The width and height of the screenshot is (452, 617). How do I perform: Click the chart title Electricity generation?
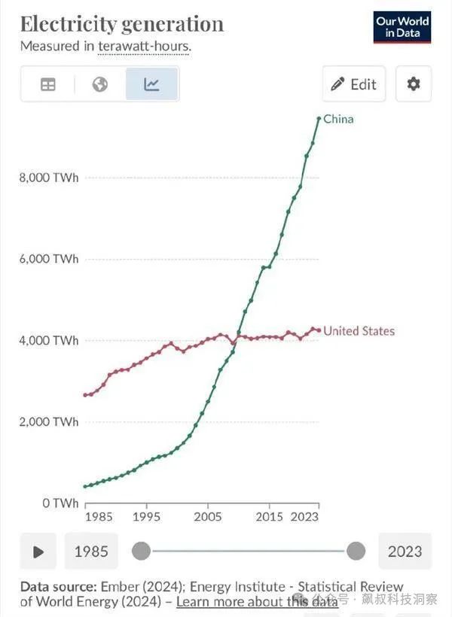click(x=122, y=23)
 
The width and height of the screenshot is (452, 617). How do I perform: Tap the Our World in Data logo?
click(x=402, y=27)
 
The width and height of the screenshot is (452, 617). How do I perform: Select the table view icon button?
click(x=48, y=84)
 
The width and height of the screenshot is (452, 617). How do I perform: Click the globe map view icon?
click(x=99, y=84)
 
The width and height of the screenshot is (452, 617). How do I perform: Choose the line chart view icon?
click(x=151, y=84)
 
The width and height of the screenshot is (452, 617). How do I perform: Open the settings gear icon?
click(x=414, y=84)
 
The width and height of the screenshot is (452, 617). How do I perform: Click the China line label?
click(x=338, y=119)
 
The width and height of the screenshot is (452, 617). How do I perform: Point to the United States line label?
click(x=359, y=331)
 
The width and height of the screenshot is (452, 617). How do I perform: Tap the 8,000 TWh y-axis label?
click(x=48, y=178)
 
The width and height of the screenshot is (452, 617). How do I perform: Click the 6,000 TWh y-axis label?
click(x=48, y=259)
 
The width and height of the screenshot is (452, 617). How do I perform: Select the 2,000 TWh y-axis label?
click(x=48, y=421)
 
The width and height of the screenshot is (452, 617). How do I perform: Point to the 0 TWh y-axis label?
click(x=59, y=503)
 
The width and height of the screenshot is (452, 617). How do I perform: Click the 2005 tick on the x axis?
click(x=208, y=517)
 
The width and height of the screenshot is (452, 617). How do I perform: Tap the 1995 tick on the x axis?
click(x=146, y=517)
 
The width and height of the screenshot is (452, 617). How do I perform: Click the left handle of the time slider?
click(x=141, y=552)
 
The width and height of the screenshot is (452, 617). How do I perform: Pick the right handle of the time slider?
click(x=356, y=552)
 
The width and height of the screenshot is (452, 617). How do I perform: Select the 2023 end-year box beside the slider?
click(x=405, y=552)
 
